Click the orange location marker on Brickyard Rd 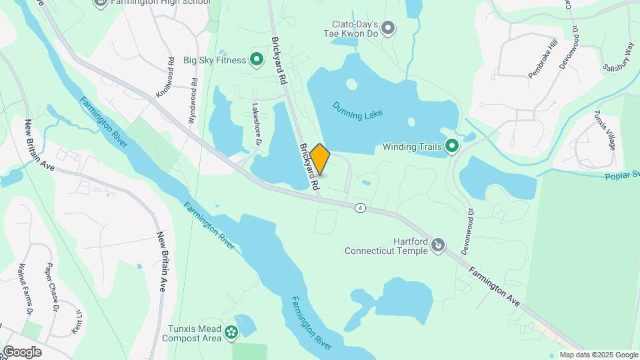point(320,159)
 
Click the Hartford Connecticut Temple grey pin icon point(438,246)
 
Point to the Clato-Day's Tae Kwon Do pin point(388,27)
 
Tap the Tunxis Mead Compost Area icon point(231,332)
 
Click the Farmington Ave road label point(494,286)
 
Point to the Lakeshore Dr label point(255,124)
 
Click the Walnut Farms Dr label point(28,276)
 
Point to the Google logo point(22,352)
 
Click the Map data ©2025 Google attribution point(599,355)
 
